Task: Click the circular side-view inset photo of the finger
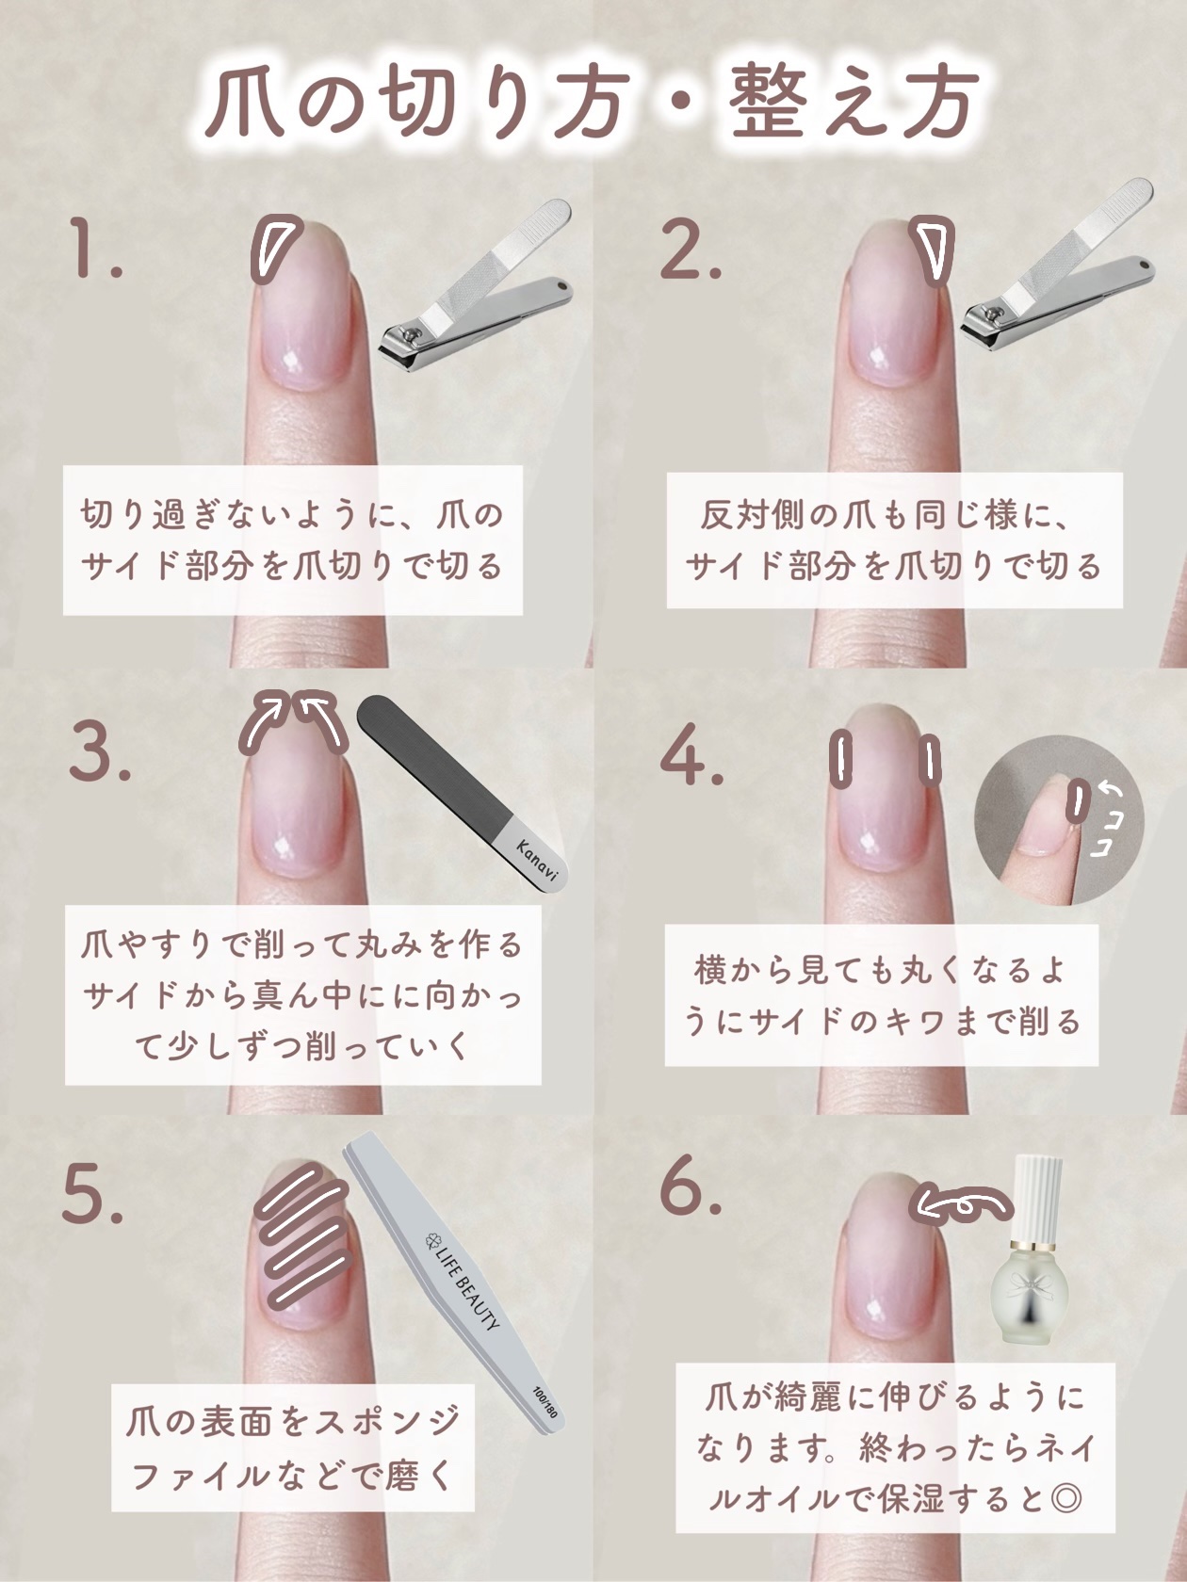[1059, 819]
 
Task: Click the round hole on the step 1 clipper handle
[561, 288]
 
